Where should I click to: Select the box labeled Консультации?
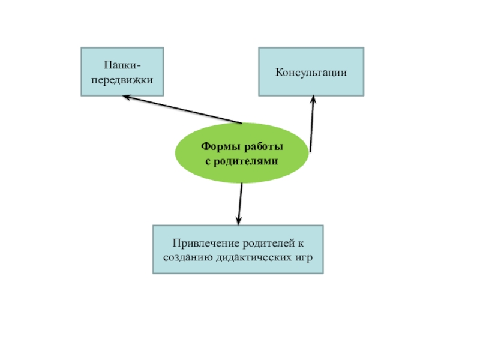tap(311, 72)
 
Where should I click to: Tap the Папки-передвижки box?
tap(122, 72)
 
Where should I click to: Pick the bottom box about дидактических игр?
tap(238, 250)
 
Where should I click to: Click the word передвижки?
tap(122, 79)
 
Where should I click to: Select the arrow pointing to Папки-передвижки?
tap(180, 109)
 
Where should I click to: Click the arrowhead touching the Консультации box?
tap(313, 100)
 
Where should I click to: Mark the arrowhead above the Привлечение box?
tap(239, 220)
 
